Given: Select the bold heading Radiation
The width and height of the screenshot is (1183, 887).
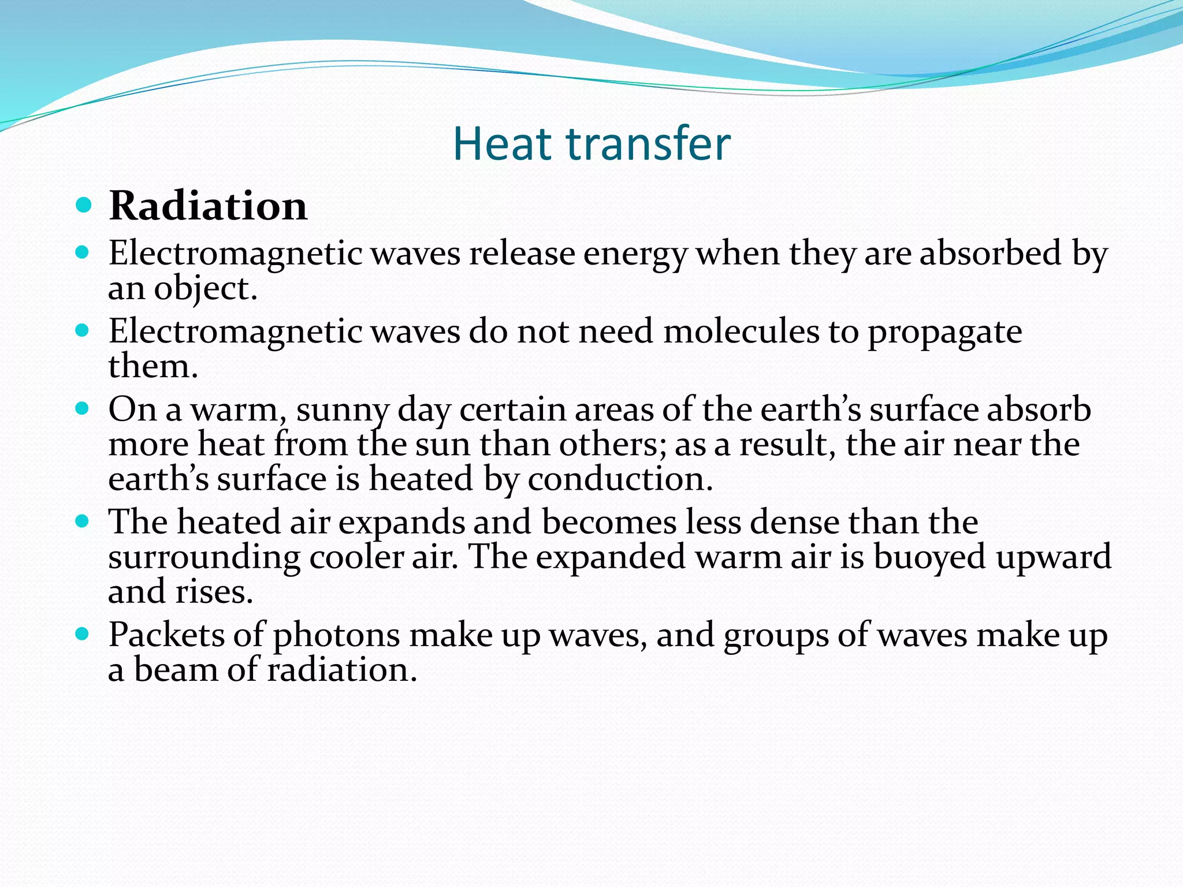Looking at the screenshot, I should pyautogui.click(x=208, y=206).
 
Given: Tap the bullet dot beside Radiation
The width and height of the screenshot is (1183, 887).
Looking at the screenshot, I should pyautogui.click(x=84, y=205).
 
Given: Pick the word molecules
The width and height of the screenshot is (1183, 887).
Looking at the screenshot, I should pyautogui.click(x=741, y=331).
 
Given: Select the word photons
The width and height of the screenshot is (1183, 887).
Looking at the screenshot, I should pyautogui.click(x=336, y=636).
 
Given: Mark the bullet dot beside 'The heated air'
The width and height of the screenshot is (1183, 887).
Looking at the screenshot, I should pyautogui.click(x=84, y=522).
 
